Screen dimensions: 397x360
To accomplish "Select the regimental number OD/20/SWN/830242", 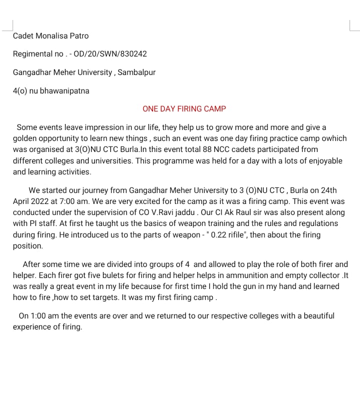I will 110,53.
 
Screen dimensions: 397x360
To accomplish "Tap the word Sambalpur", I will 136,72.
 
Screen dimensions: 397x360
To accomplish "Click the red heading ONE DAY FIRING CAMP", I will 184,108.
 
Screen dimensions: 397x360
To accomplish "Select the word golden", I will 25,138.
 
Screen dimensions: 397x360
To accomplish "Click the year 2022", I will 44,201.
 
